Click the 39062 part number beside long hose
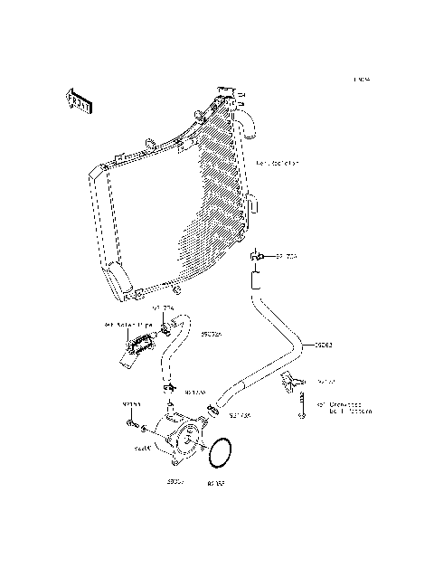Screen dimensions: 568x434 coord(324,345)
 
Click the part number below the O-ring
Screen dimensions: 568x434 coord(216,483)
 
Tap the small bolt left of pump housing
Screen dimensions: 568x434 coord(134,423)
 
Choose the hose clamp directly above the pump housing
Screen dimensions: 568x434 coord(171,389)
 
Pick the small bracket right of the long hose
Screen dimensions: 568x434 coord(290,380)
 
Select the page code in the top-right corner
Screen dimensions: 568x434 coord(362,80)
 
